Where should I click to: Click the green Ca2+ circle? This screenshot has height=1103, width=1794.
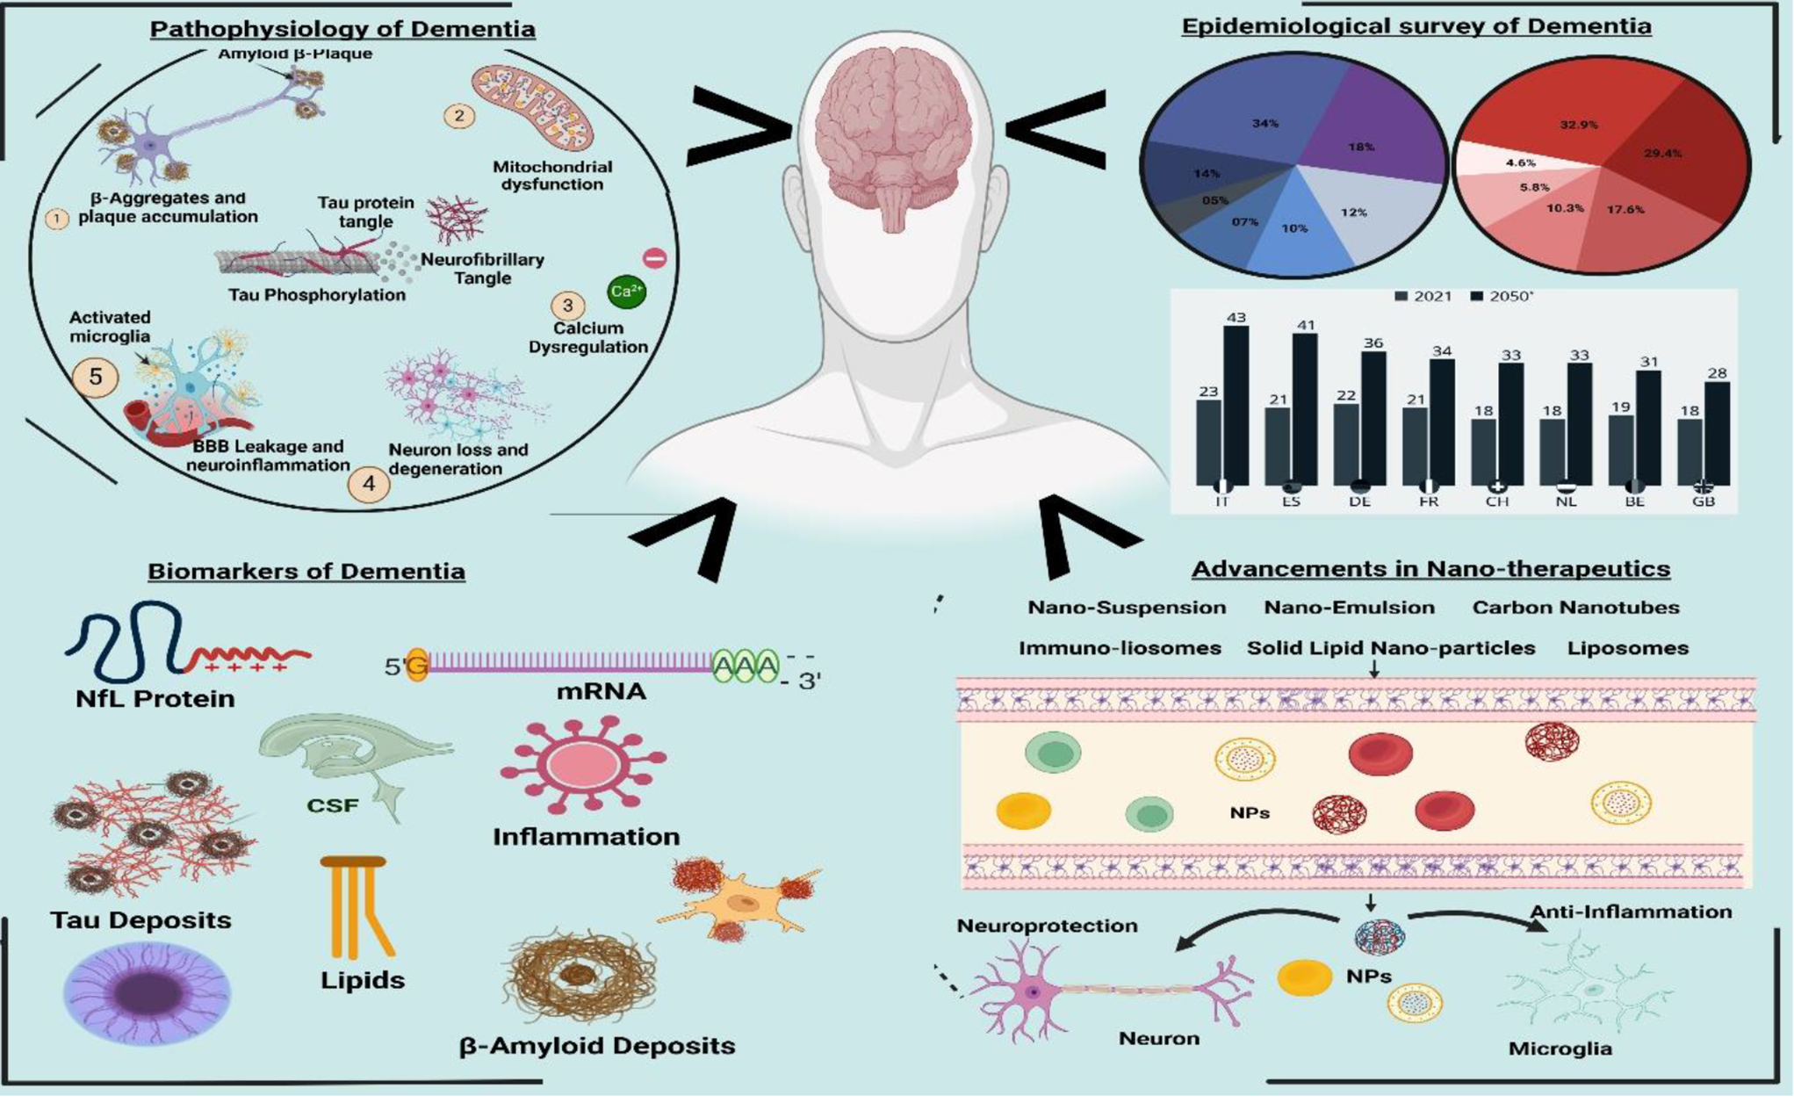[x=626, y=291]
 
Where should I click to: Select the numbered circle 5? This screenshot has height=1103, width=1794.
[x=95, y=377]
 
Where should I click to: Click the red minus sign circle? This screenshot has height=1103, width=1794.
[x=655, y=257]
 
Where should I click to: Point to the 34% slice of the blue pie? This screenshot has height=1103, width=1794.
[x=1264, y=114]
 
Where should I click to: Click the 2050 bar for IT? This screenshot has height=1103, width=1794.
[x=1236, y=404]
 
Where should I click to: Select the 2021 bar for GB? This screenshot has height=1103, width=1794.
[x=1690, y=451]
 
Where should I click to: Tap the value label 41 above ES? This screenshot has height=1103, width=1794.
[x=1306, y=325]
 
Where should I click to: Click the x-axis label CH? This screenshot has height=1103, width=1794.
[x=1497, y=502]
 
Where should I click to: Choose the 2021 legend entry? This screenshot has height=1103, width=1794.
[x=1423, y=297]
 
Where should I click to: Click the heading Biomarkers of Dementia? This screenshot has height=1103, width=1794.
[x=306, y=572]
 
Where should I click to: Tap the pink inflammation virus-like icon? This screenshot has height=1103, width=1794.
[x=582, y=764]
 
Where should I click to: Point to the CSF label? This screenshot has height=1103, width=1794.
[x=332, y=804]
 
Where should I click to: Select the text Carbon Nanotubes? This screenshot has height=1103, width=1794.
[x=1575, y=608]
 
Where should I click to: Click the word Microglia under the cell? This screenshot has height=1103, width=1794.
[x=1560, y=1049]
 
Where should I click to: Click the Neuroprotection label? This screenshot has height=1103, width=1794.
[x=1047, y=926]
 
